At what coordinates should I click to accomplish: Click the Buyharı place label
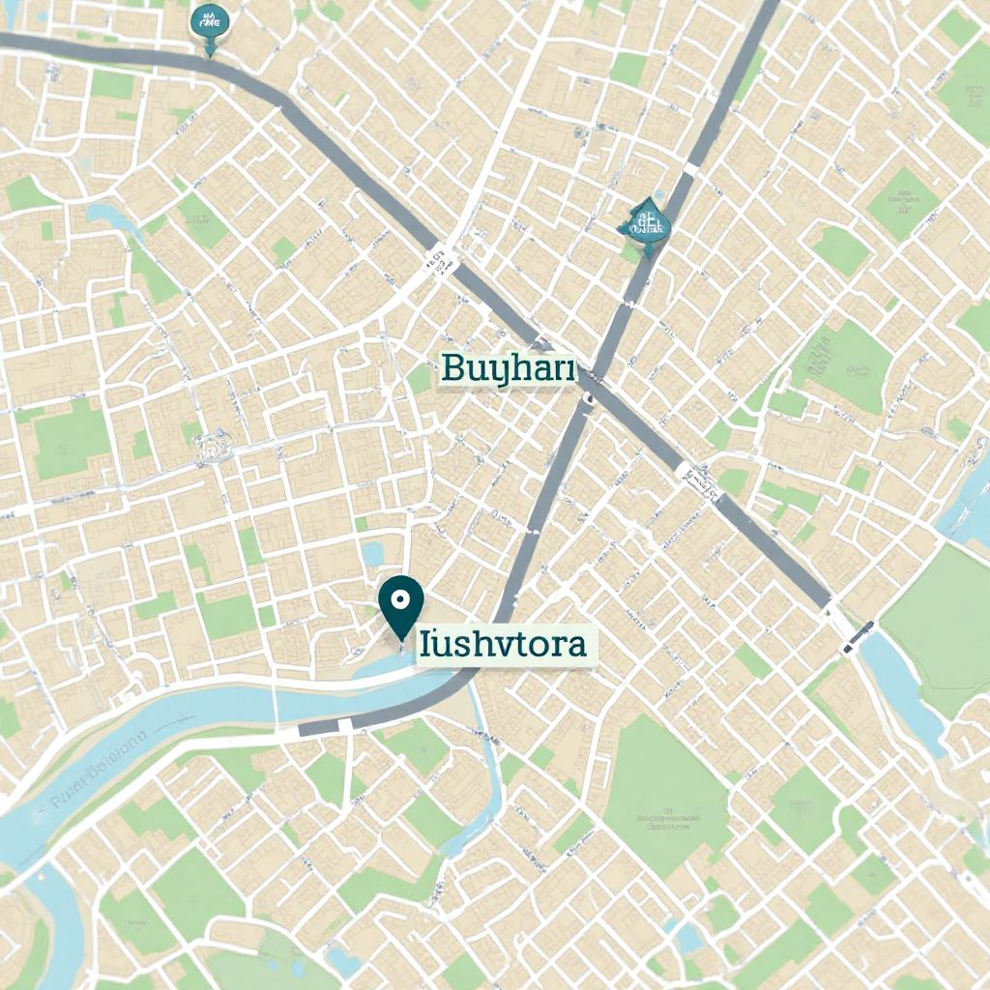click(508, 369)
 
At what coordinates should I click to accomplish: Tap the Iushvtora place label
click(504, 644)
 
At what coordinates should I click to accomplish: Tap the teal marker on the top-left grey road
click(210, 25)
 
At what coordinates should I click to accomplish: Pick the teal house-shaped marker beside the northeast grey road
click(645, 223)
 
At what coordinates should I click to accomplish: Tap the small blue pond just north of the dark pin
click(372, 554)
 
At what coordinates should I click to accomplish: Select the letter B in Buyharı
click(451, 368)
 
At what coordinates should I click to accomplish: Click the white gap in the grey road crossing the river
click(345, 724)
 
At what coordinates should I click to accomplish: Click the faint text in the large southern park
click(667, 821)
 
